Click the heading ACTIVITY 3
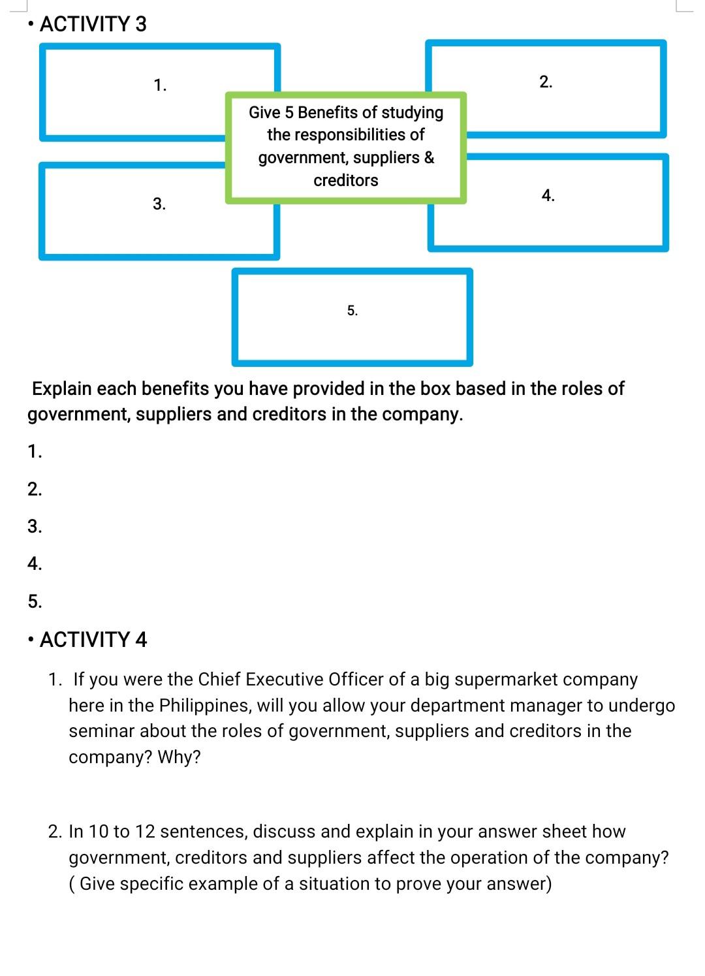[x=93, y=24]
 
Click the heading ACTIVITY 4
[x=93, y=640]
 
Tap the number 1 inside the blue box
[x=160, y=85]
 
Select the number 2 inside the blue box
[x=546, y=82]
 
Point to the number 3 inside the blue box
[x=159, y=204]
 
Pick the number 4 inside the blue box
[x=548, y=195]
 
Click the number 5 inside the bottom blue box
[x=352, y=311]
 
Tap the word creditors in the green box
[x=346, y=180]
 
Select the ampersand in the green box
[x=429, y=157]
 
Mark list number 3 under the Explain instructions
[x=35, y=526]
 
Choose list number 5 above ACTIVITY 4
[x=35, y=601]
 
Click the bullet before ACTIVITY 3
[x=31, y=24]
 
